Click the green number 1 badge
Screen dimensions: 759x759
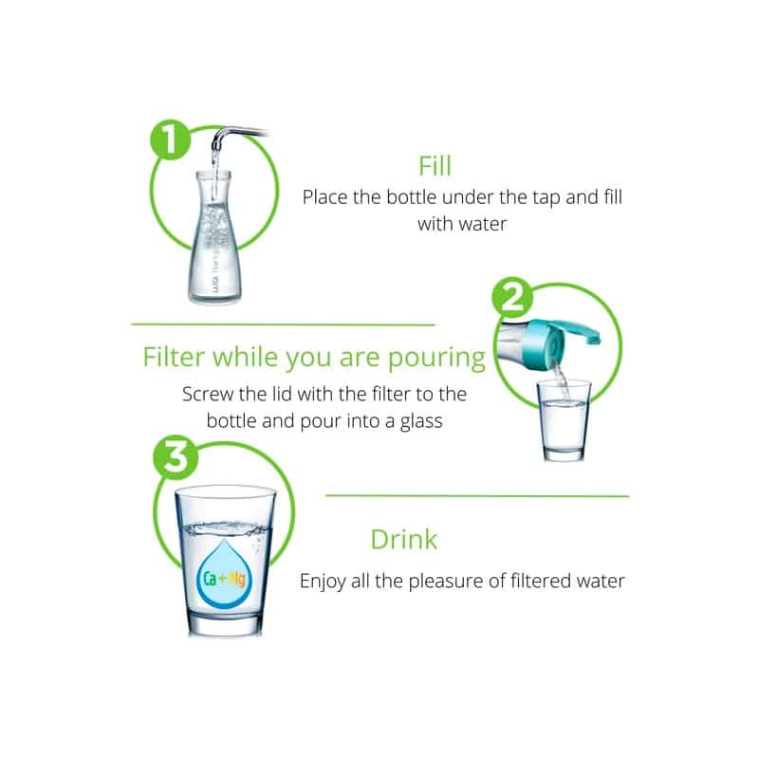click(171, 139)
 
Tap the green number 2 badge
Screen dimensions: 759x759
click(512, 297)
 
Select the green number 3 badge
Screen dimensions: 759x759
click(176, 456)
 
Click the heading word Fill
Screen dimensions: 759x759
click(435, 166)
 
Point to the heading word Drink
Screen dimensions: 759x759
click(404, 539)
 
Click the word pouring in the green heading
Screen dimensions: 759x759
click(436, 359)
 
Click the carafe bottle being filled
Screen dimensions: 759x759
click(215, 237)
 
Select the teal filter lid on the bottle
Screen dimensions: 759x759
click(561, 338)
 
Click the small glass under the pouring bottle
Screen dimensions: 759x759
click(565, 420)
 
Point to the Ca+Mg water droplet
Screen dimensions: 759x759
click(223, 574)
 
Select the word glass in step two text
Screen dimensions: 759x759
click(421, 421)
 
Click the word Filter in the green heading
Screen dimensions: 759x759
click(174, 358)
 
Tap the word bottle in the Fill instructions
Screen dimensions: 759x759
click(412, 197)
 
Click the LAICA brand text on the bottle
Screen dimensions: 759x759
click(216, 284)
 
